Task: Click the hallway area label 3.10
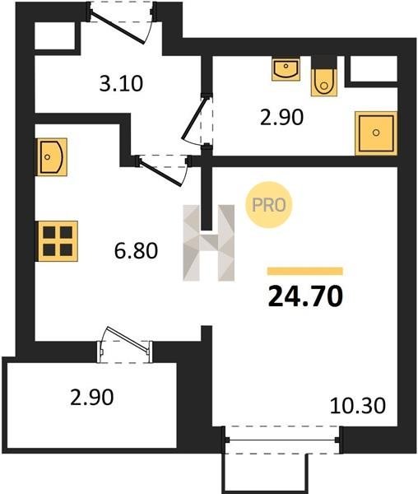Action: tap(121, 84)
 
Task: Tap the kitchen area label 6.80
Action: tap(136, 251)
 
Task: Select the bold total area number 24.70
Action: tap(305, 296)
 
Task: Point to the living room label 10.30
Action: tap(358, 405)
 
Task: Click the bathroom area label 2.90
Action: tap(281, 117)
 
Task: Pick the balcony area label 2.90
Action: tap(92, 398)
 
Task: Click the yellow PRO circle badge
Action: tap(269, 205)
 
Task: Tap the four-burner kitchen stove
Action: tap(58, 241)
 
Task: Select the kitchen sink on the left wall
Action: tap(50, 157)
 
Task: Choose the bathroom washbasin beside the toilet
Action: tap(286, 68)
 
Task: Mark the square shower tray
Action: tap(376, 133)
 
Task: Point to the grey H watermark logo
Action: tap(209, 243)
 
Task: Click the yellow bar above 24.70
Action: tap(305, 271)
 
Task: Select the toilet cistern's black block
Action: tap(324, 62)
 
